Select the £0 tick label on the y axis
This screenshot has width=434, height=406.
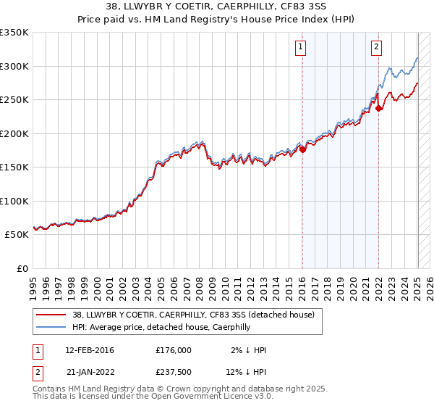click(22, 268)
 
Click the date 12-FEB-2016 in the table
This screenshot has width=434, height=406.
click(90, 350)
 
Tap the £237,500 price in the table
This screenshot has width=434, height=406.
click(173, 375)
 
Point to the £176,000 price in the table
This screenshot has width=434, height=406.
click(173, 350)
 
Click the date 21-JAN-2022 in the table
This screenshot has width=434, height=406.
click(90, 375)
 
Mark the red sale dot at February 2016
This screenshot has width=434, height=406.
click(302, 150)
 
